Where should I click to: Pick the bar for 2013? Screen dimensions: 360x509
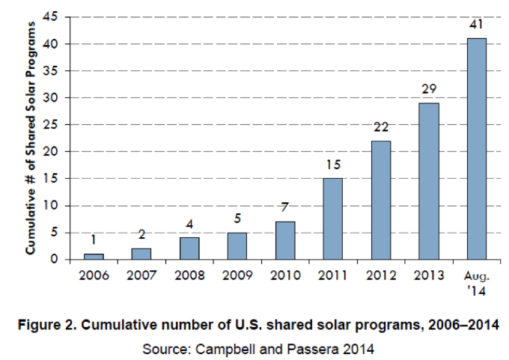coord(428,181)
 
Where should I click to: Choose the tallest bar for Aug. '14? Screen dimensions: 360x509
coord(476,149)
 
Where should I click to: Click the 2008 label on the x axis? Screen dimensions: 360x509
coord(189,275)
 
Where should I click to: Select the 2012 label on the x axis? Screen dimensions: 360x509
coord(380,275)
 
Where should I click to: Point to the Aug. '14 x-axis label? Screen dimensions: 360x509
coord(476,281)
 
